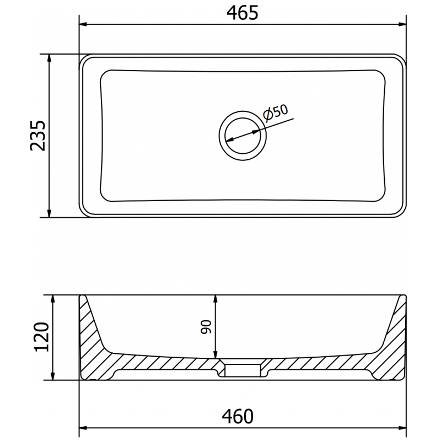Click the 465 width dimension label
(243, 12)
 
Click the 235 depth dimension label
(37, 135)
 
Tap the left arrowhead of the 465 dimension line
(84, 24)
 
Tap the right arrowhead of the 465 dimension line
(402, 24)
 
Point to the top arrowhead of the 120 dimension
(53, 298)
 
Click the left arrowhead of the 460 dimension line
(84, 427)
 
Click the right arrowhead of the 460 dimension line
(402, 427)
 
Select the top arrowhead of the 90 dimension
(216, 298)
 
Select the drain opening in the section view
(243, 368)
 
